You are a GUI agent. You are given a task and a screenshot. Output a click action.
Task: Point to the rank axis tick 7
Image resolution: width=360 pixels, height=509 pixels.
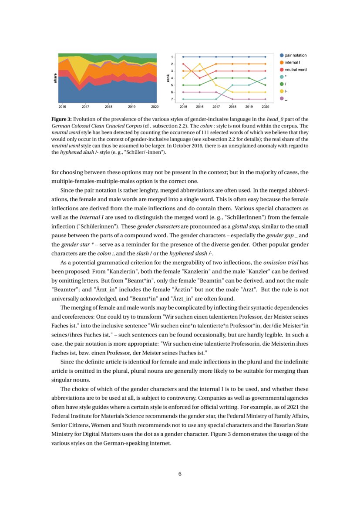point(172,99)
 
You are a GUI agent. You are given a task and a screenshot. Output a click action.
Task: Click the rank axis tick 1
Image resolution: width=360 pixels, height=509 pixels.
point(172,57)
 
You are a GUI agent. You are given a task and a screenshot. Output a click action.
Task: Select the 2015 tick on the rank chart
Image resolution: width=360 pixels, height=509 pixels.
point(183,106)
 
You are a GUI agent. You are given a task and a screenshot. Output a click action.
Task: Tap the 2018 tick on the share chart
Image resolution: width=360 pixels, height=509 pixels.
point(108,106)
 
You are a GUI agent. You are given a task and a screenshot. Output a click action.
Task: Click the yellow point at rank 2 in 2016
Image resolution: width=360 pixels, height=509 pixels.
point(200,64)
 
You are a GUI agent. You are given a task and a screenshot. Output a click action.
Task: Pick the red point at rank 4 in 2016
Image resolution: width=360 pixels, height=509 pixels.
point(200,78)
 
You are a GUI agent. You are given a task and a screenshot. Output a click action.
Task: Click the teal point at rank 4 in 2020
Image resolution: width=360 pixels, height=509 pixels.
point(266,78)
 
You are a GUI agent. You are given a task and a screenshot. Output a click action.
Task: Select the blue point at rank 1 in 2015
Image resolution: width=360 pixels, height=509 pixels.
point(183,57)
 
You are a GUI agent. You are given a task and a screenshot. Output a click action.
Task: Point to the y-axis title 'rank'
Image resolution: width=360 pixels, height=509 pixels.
point(168,78)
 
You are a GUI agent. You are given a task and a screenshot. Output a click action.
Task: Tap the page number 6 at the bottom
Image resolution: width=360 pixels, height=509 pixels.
point(180,474)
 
